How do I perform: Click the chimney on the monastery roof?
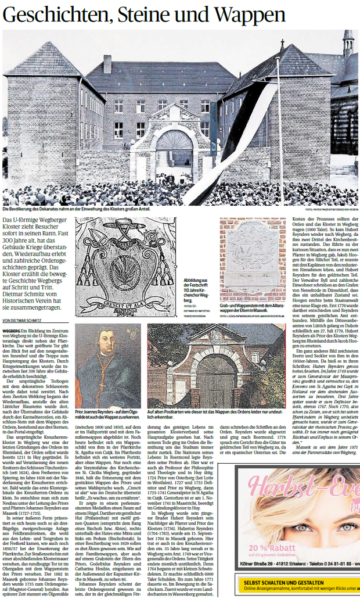tap(107, 64)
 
